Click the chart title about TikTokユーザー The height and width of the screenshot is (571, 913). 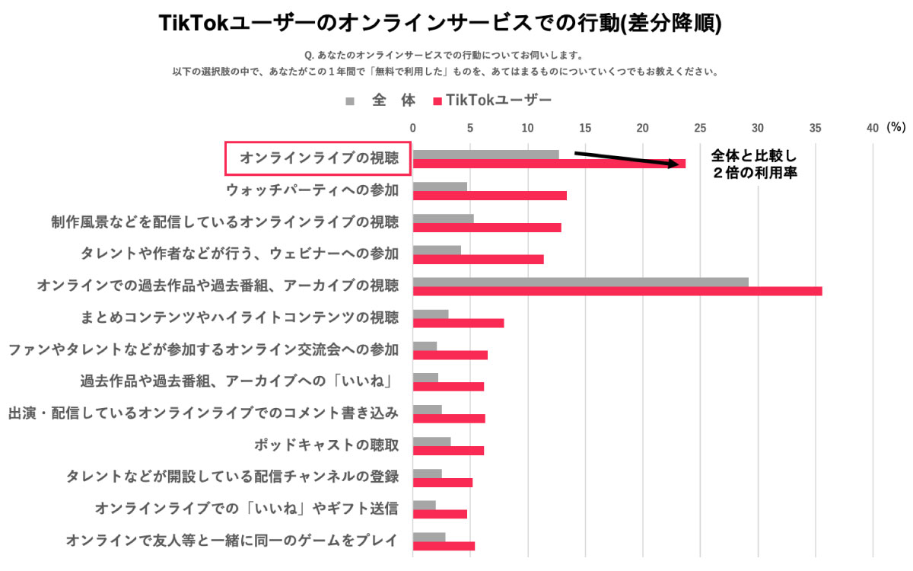pos(440,24)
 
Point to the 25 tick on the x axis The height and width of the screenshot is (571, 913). pos(700,127)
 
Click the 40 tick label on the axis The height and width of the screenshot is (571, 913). pos(872,127)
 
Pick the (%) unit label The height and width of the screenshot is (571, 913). pos(896,127)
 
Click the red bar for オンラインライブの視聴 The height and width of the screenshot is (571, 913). pos(549,164)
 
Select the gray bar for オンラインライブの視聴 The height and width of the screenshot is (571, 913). pos(485,155)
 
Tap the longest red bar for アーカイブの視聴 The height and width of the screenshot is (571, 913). pos(617,291)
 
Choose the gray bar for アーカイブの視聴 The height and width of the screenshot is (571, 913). pos(581,282)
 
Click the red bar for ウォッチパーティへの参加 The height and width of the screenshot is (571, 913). pos(489,196)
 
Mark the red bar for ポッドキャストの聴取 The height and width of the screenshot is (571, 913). pos(448,450)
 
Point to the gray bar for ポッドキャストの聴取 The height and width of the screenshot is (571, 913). pos(431,441)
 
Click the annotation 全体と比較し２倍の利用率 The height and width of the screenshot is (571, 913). pos(754,164)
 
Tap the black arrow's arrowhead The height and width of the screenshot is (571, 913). pos(673,163)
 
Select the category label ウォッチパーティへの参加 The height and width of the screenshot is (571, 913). pos(312,190)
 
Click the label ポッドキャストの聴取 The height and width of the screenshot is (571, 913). pos(326,444)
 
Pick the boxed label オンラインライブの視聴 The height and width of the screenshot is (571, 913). pos(319,158)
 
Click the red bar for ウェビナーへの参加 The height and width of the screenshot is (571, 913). pos(478,259)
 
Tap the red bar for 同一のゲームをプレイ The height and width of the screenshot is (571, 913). pos(444,546)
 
